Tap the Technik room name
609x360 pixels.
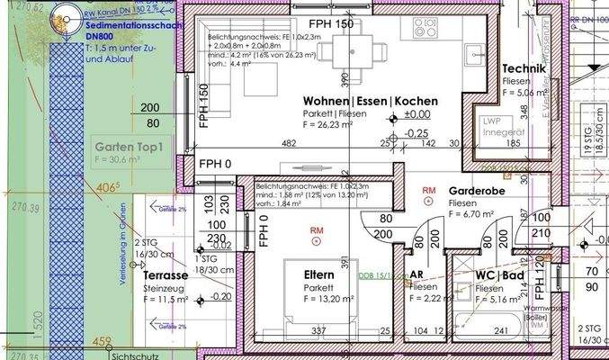[x=523, y=68]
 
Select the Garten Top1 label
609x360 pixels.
[x=126, y=148]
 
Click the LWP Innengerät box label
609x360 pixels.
[x=503, y=127]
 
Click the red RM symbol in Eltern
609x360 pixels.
[x=317, y=230]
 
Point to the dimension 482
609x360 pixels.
[x=289, y=143]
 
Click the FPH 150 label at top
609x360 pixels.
[x=331, y=22]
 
